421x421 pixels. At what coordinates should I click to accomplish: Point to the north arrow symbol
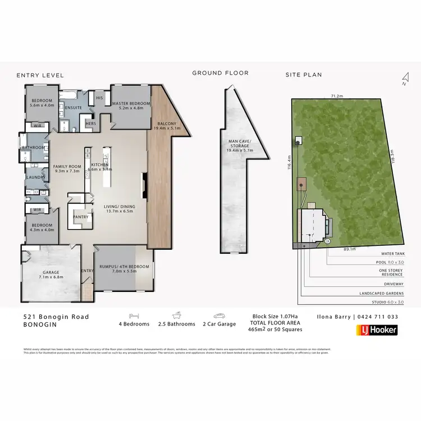(x=404, y=78)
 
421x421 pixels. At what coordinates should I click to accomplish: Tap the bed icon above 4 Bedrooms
(x=134, y=316)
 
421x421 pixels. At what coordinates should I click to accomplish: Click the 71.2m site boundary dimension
(x=338, y=96)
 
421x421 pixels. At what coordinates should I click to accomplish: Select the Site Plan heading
(x=304, y=75)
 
